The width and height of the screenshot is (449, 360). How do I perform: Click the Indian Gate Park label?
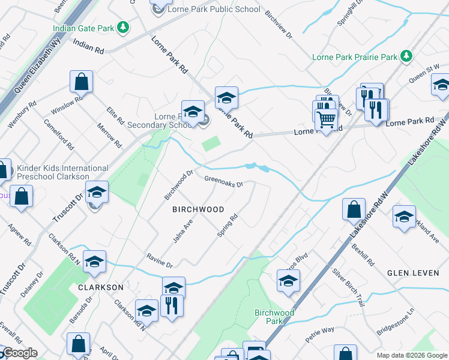(x=83, y=28)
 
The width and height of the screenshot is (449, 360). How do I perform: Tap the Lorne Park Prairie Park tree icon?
(x=407, y=56)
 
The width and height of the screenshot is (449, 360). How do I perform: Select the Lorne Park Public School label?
(x=214, y=9)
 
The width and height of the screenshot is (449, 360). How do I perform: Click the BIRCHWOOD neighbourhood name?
(x=198, y=209)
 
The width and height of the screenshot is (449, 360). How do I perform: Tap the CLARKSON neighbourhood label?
(x=100, y=287)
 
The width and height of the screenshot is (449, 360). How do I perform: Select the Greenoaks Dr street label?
(x=223, y=181)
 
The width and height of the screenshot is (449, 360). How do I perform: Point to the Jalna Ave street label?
(x=182, y=231)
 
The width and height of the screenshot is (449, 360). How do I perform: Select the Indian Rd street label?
(x=88, y=44)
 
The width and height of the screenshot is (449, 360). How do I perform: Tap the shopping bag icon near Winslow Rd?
(x=81, y=82)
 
